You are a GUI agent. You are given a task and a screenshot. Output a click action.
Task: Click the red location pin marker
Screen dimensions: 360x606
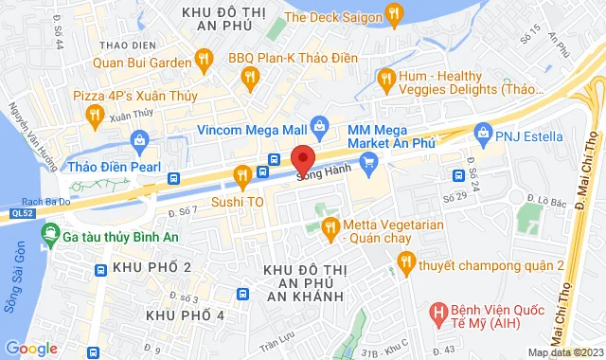(302, 159)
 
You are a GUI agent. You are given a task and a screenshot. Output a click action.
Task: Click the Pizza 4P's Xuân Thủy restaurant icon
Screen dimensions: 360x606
(93, 116)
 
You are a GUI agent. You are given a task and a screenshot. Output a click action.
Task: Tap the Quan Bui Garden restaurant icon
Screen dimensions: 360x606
(203, 60)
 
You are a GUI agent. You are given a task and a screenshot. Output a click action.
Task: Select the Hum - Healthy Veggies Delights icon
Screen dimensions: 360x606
(384, 79)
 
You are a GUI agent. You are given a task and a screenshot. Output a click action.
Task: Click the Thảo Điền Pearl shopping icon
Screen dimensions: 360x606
(140, 142)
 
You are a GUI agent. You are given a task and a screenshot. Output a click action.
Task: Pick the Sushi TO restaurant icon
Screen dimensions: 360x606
(242, 174)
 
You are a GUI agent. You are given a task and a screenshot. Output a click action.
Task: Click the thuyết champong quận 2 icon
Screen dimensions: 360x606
(406, 266)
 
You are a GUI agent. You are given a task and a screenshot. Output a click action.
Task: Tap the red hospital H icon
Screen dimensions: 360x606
(437, 311)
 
